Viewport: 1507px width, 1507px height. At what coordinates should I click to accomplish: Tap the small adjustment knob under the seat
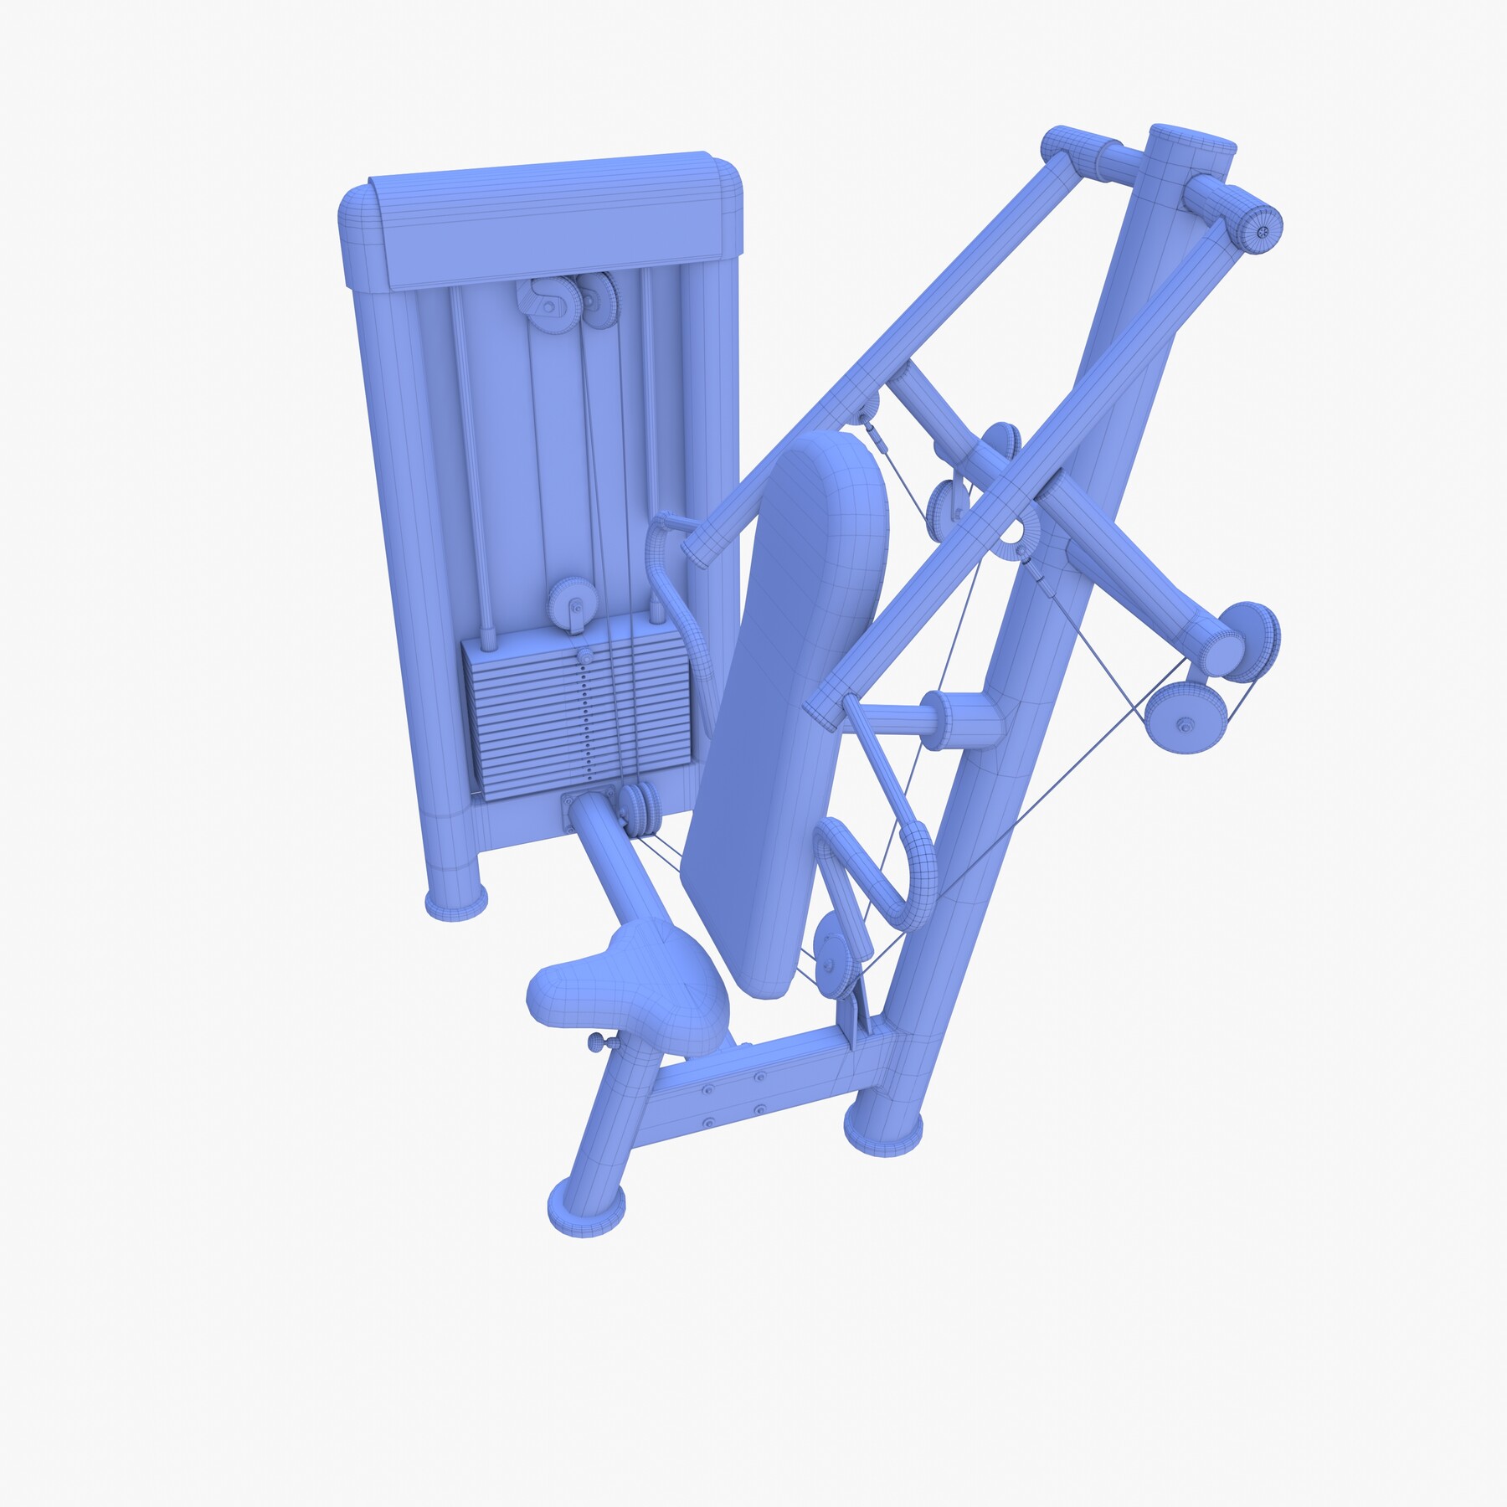click(599, 1042)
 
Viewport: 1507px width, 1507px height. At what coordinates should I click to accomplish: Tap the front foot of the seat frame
click(585, 1206)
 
